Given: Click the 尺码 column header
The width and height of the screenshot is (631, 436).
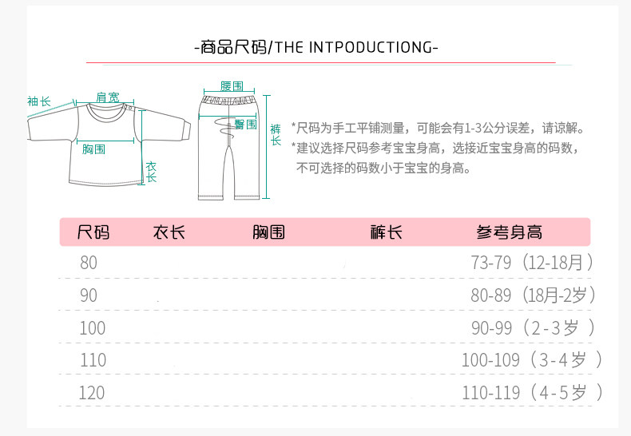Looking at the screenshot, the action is click(93, 232).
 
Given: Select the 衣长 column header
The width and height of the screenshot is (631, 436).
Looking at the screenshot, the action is click(169, 232).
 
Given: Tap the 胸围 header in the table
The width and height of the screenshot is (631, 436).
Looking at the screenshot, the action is click(268, 232).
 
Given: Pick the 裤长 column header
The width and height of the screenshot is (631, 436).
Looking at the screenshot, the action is click(387, 232).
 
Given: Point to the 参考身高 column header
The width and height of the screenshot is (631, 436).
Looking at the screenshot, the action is click(509, 232).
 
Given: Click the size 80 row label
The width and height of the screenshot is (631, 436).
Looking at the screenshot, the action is click(88, 262).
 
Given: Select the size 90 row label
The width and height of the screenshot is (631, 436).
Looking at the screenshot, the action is click(88, 295).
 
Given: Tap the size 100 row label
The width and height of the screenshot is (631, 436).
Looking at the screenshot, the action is click(92, 327).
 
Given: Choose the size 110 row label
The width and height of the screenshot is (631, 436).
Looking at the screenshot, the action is click(92, 360).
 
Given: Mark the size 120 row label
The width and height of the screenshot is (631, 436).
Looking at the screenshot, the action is click(92, 393).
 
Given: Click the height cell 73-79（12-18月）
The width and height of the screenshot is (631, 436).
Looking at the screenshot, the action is click(532, 262).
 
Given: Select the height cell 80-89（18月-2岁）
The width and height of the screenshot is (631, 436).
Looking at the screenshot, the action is click(532, 295).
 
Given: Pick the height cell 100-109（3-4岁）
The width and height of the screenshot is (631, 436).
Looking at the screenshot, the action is click(532, 360).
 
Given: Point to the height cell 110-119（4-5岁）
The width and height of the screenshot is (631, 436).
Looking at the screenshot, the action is click(532, 393).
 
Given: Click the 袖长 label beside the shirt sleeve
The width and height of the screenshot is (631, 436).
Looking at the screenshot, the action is click(38, 101).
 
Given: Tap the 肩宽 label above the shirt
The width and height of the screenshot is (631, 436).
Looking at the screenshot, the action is click(108, 97).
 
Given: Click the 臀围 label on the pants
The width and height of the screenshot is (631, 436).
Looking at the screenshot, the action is click(245, 124).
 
